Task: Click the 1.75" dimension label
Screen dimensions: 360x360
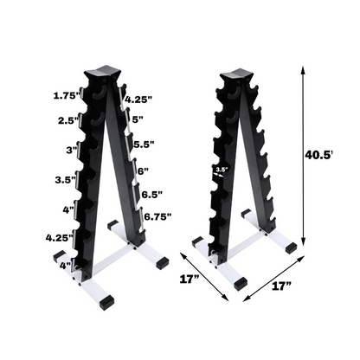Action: click(x=65, y=93)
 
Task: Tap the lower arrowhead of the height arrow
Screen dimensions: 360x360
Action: click(x=304, y=244)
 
